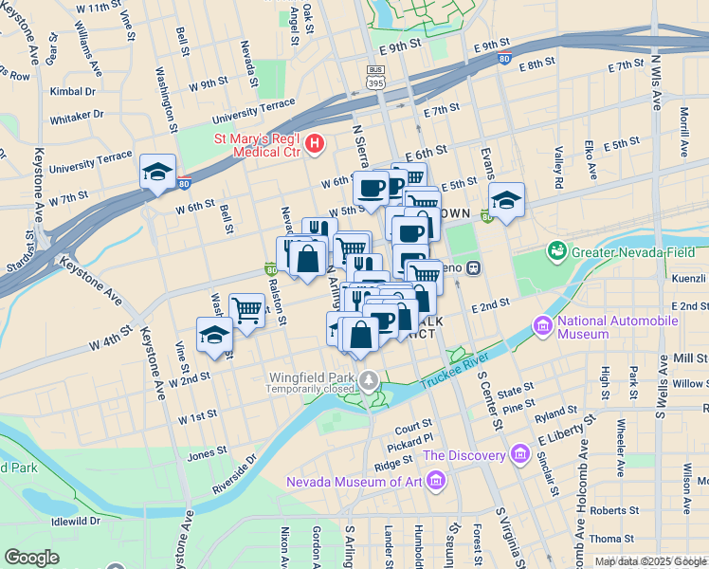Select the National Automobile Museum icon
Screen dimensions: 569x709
543,327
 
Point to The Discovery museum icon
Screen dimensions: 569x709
519,455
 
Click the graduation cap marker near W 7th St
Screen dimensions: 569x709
156,172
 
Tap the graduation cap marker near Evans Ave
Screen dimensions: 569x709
507,200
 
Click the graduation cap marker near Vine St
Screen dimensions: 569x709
214,335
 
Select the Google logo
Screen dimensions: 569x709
31,558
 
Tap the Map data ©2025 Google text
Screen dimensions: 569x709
650,561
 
